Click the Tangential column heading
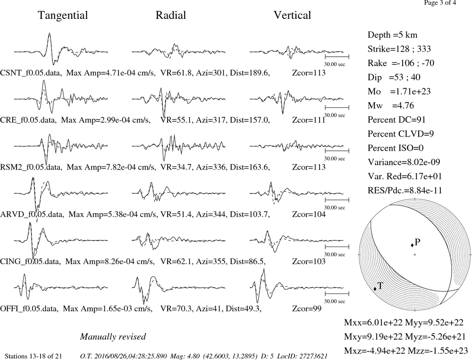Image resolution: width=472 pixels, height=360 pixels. coord(63,16)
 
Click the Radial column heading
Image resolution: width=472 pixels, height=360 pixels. coord(171,15)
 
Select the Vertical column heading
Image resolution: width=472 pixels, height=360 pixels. coord(292,15)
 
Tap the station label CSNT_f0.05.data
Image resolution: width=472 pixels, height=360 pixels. coord(31,73)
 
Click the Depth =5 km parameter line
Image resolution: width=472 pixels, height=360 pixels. coord(393,35)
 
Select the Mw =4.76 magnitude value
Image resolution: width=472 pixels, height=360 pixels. coord(391,105)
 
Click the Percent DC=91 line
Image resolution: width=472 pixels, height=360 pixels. coord(397,120)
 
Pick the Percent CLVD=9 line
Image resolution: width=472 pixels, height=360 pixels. coord(401,134)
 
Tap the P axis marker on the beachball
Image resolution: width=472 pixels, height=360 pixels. coord(412,245)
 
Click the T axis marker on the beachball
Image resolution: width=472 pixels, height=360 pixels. coord(375,289)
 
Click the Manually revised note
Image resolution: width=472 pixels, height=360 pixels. coord(113,336)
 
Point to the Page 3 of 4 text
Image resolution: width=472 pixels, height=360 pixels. coord(440,3)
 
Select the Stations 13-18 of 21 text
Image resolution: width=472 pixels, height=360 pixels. coord(34,356)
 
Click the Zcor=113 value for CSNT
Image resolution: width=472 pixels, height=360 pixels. coord(309,73)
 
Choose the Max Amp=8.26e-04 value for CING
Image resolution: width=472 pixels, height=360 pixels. coord(110,261)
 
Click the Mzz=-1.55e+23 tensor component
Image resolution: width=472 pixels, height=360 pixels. coord(438,351)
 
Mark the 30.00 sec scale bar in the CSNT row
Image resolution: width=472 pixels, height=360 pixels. coord(337,56)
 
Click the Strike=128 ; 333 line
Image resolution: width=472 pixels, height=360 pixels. coord(399,49)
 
